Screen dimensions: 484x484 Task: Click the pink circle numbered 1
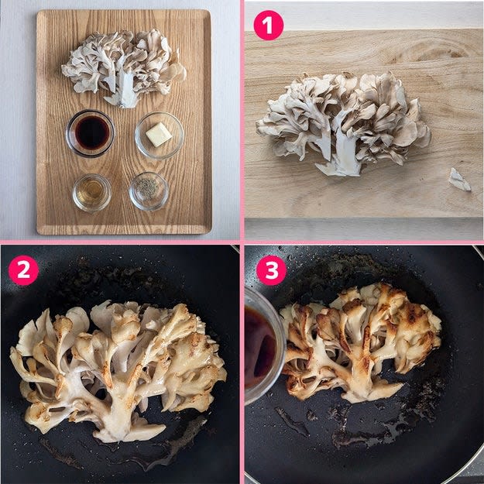[x=269, y=26]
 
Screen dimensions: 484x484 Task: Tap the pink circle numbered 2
[x=23, y=270]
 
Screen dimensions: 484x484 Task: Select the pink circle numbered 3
[x=271, y=270]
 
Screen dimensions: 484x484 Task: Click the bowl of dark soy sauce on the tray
[x=90, y=133]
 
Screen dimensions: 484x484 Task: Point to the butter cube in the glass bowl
[x=159, y=134]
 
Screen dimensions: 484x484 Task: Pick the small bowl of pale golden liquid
[x=91, y=193]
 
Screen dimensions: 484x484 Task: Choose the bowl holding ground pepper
[x=149, y=191]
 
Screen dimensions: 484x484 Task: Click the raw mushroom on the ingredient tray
[x=123, y=68]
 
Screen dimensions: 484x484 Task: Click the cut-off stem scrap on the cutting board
[x=460, y=180]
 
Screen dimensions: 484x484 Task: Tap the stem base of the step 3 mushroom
[x=370, y=390]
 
